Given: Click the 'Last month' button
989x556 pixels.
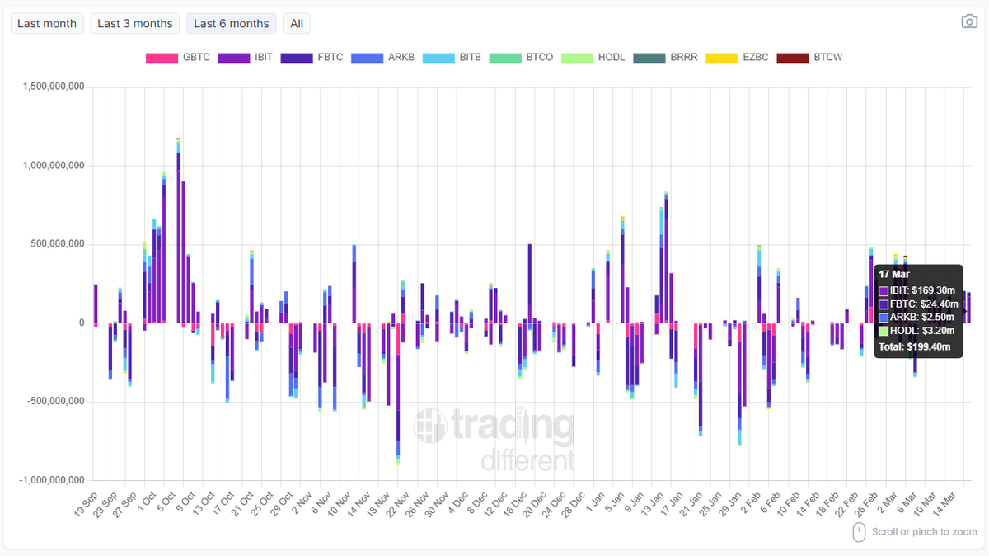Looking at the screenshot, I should (x=46, y=24).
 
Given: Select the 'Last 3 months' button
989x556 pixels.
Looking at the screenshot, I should (x=135, y=24).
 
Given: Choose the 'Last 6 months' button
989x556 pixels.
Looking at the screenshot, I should (x=231, y=24).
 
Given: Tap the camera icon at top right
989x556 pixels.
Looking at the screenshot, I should (x=969, y=21).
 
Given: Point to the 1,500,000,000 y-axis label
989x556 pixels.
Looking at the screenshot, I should (x=51, y=87).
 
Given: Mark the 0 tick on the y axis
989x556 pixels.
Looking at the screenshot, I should (x=81, y=323).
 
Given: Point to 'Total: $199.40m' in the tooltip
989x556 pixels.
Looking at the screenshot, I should (x=914, y=346).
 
